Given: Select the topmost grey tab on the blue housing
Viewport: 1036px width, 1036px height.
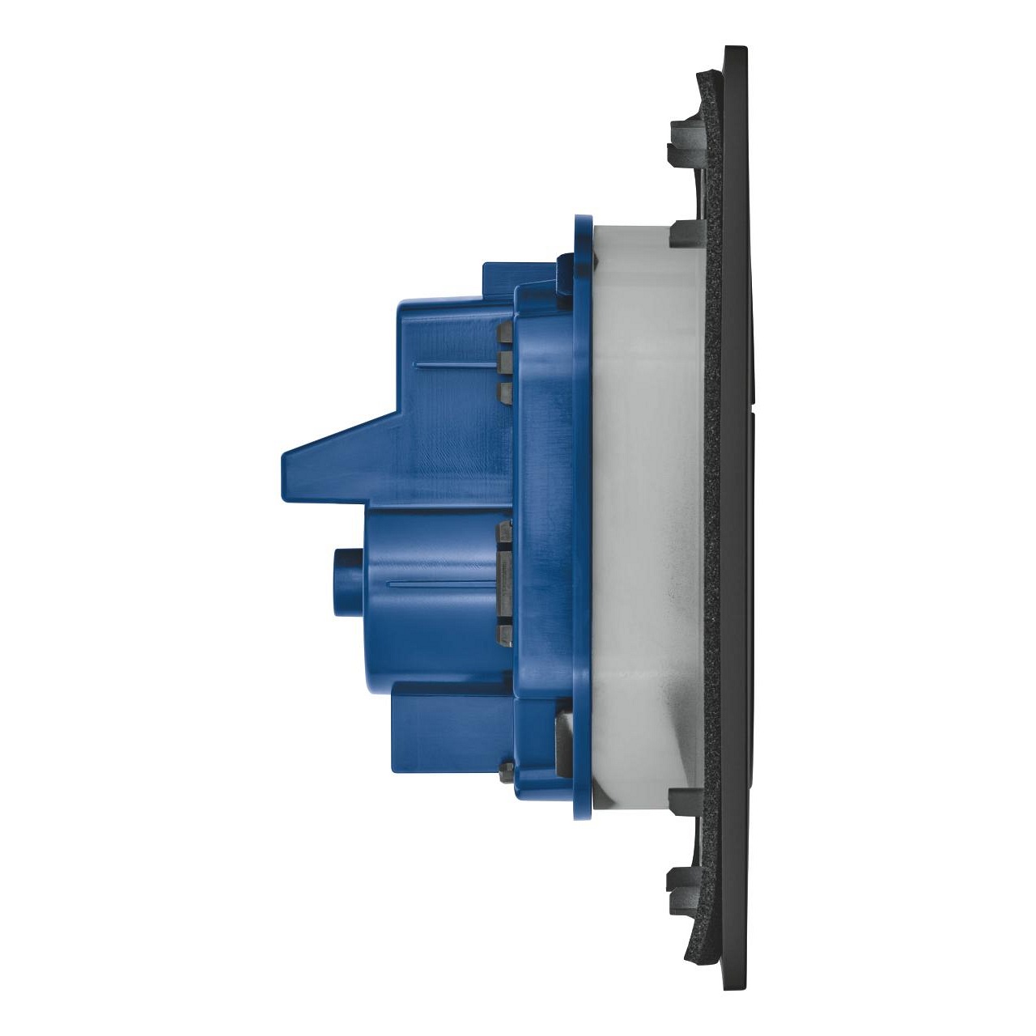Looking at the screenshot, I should click(x=505, y=332).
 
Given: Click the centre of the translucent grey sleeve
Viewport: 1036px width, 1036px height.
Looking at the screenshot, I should click(x=647, y=518).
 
